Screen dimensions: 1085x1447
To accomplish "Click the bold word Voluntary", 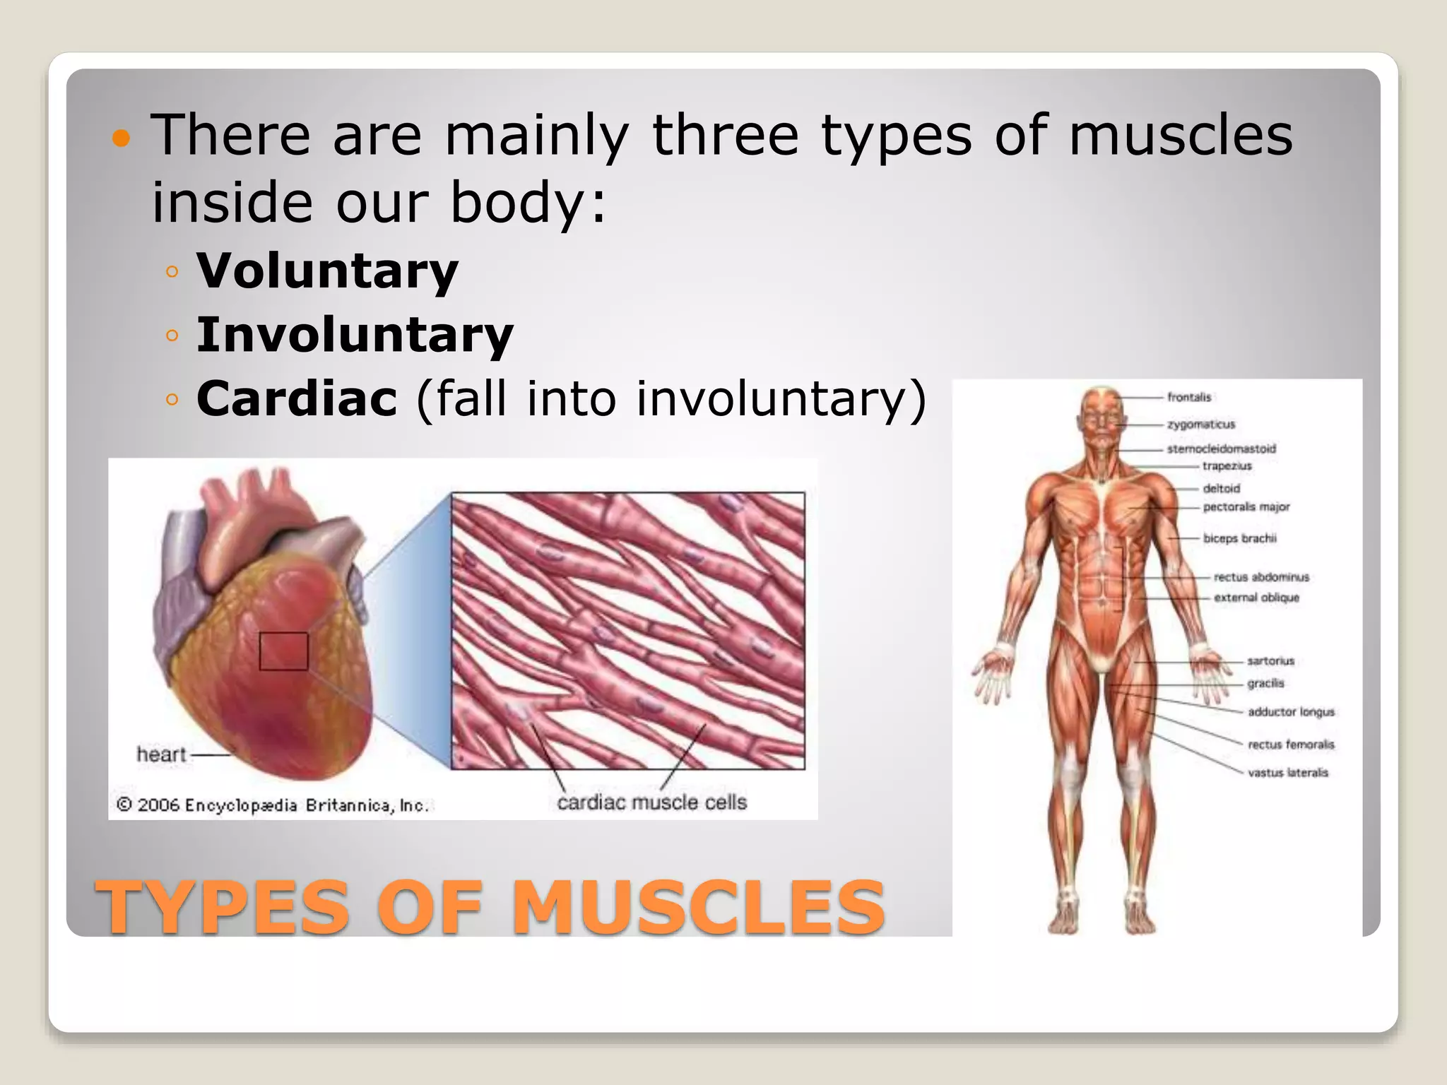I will [327, 271].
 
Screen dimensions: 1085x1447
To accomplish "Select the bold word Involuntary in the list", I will [355, 335].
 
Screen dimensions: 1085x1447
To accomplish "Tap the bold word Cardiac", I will [297, 398].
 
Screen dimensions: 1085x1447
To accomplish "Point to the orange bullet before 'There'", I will [122, 138].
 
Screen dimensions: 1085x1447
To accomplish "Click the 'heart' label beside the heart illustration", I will [161, 754].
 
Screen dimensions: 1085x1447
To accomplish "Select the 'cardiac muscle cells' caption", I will [651, 802].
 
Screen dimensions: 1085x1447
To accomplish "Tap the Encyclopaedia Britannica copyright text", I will [273, 805].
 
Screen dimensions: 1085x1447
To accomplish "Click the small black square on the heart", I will [283, 651].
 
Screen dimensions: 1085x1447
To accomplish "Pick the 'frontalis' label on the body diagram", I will [1189, 397].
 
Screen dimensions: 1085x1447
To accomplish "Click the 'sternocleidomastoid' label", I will [1221, 449].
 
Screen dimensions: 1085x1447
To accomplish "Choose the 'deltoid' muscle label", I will [1221, 488].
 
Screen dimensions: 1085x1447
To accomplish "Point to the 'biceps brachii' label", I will [1239, 538].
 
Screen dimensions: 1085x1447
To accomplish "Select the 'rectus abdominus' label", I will [1261, 577].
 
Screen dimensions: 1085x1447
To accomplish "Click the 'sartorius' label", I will [1270, 661].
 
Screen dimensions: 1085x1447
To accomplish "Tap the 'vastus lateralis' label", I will [1287, 773].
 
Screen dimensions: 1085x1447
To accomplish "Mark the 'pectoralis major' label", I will [1246, 507].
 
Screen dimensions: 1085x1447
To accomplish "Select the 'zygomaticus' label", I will [1200, 425].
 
